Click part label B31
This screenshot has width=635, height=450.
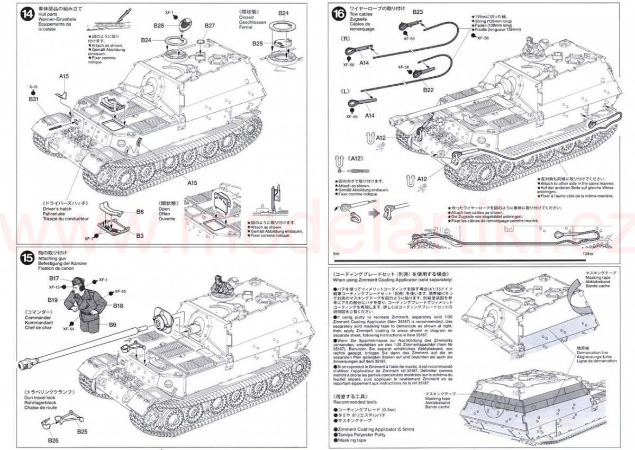[x=33, y=99]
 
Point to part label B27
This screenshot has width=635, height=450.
[x=209, y=26]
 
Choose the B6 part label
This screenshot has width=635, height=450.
[x=140, y=211]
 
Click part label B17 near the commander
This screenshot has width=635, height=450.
[x=54, y=278]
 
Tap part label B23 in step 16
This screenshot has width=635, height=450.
[x=418, y=12]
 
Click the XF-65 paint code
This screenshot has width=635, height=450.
[x=120, y=292]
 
